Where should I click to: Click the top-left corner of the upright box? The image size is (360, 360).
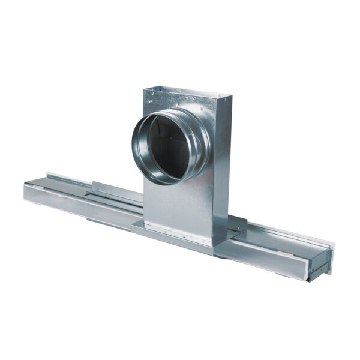146,90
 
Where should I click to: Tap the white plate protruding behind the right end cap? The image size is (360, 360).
328,254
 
